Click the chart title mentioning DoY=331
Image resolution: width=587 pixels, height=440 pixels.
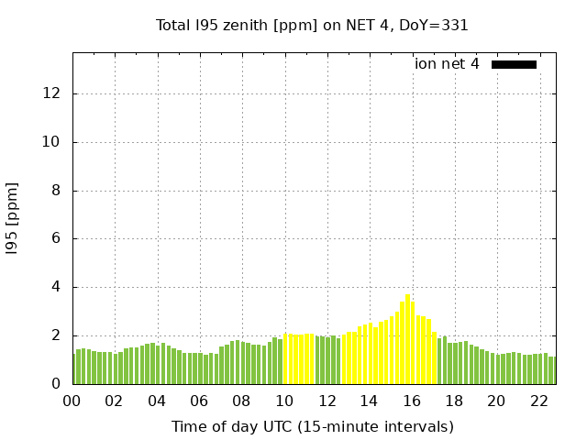(312, 26)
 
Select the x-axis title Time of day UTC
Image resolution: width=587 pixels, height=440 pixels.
(312, 426)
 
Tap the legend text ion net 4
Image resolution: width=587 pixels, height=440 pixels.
(447, 64)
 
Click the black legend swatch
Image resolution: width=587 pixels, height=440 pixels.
(514, 64)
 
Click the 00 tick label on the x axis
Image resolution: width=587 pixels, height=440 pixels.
(72, 401)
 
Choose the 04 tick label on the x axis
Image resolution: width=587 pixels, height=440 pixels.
(157, 401)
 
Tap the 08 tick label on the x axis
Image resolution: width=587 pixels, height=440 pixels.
(241, 401)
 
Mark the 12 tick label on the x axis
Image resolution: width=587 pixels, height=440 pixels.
(327, 401)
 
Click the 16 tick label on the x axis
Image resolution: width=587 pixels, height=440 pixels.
(411, 401)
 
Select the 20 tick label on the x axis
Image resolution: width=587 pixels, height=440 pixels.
(496, 401)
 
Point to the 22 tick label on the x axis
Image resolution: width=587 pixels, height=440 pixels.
(538, 401)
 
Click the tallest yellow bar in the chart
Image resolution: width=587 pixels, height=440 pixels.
(408, 339)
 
